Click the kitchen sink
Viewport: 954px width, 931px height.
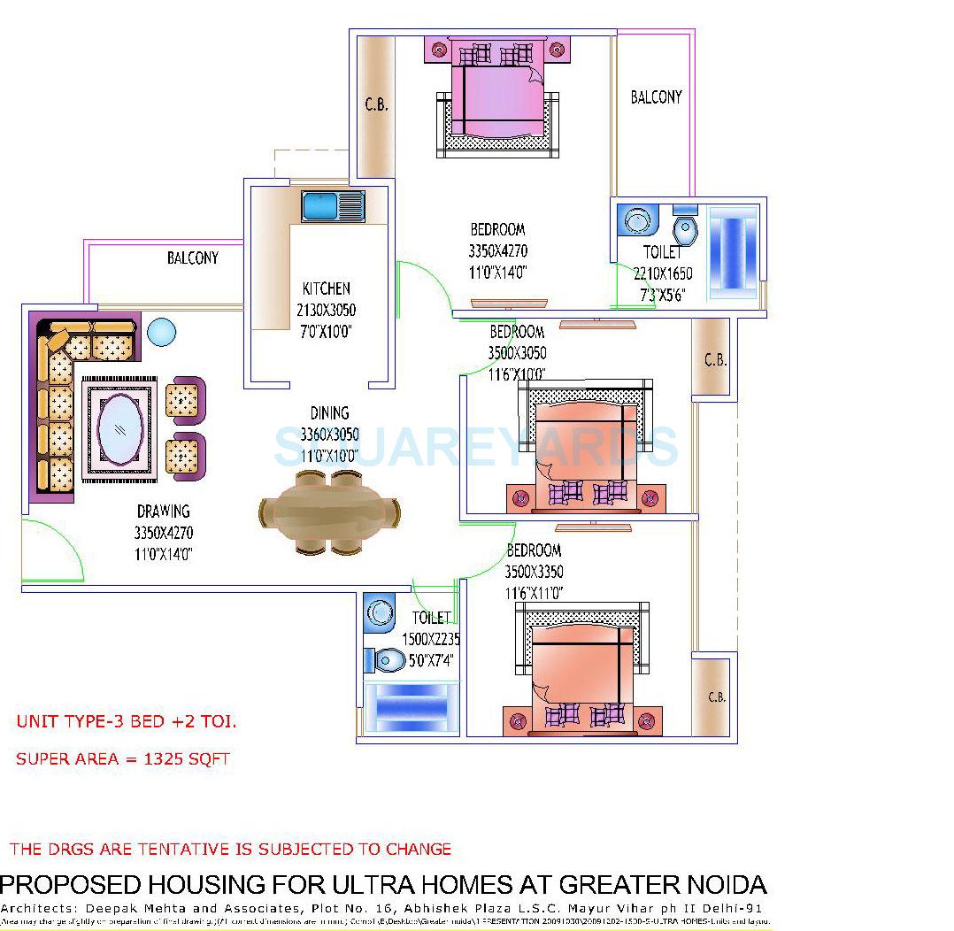[333, 206]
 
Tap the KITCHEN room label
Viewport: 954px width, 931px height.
[327, 289]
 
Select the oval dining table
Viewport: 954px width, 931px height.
[329, 512]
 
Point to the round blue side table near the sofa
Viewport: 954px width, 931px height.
[162, 333]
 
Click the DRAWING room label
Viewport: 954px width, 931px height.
[163, 512]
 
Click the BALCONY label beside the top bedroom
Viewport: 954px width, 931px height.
[656, 97]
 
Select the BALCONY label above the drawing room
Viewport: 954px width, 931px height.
[193, 258]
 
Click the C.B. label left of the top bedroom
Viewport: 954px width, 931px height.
[376, 104]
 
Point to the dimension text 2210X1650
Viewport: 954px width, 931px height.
[663, 274]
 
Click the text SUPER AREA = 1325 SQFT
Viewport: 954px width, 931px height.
[123, 759]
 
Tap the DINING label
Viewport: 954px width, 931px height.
[329, 413]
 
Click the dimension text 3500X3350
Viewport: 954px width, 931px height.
[534, 572]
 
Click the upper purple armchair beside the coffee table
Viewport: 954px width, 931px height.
[185, 400]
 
